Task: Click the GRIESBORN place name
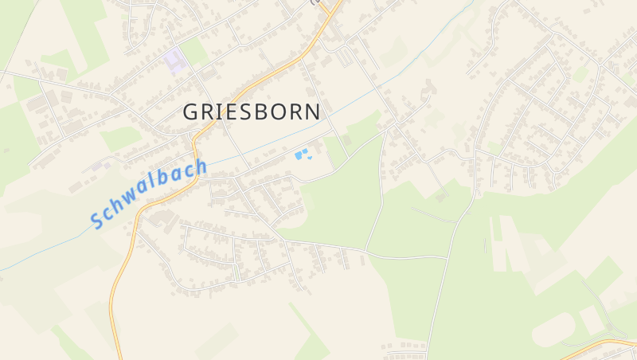252,112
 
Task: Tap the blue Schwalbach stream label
149,194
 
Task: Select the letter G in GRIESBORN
192,112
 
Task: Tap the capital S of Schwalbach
97,218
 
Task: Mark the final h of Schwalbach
200,168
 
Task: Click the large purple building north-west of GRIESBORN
174,58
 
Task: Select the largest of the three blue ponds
299,155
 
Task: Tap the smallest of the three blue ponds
311,158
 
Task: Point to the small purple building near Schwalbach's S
99,166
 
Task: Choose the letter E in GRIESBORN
234,112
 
